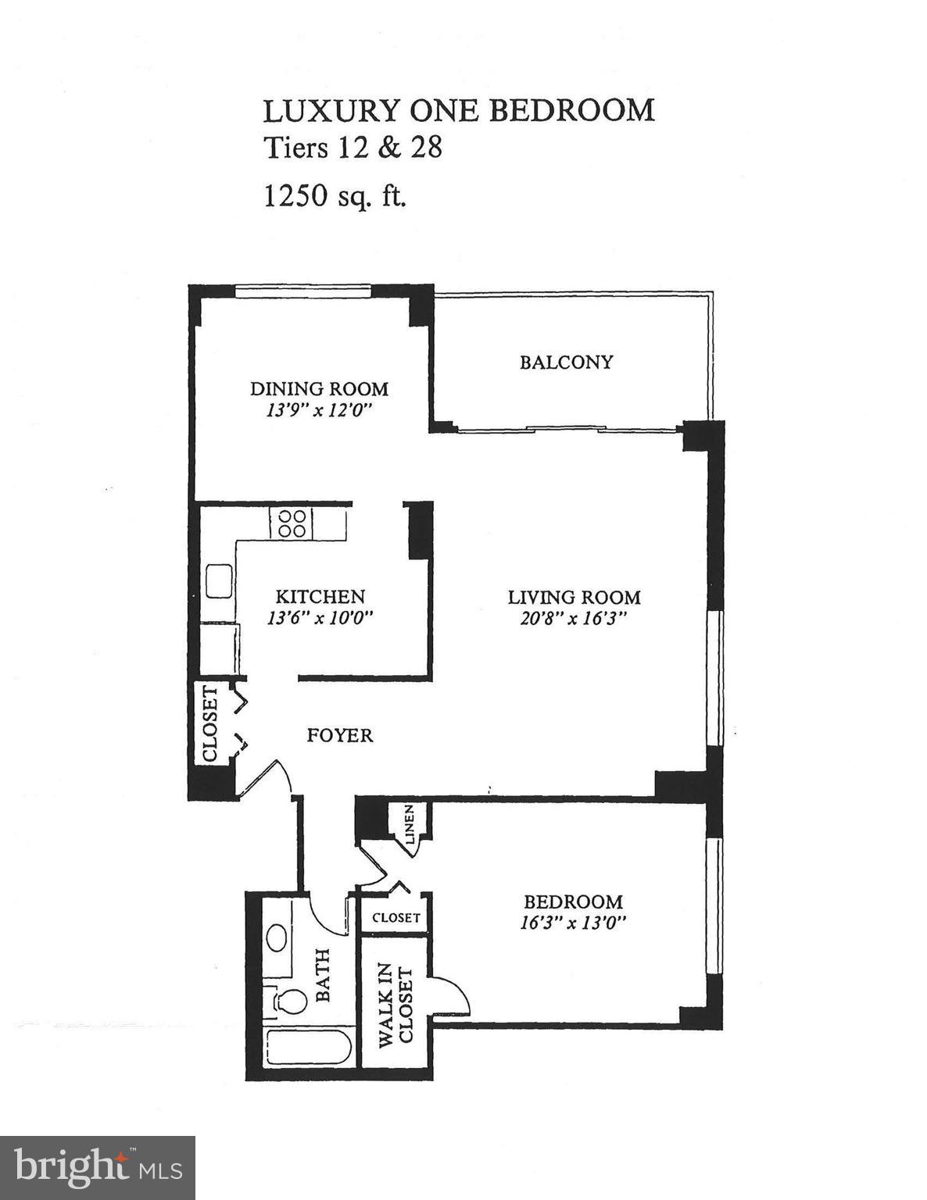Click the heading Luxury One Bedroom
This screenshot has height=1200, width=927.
click(x=458, y=111)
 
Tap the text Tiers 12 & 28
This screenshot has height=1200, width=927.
click(x=353, y=148)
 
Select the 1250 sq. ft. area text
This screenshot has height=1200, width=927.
click(x=335, y=195)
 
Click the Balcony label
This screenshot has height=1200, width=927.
click(x=566, y=362)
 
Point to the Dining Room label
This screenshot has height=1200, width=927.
click(x=319, y=388)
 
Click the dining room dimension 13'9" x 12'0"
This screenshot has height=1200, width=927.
click(x=318, y=410)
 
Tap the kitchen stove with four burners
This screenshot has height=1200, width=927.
click(x=292, y=523)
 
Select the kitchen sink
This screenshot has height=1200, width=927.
click(x=219, y=582)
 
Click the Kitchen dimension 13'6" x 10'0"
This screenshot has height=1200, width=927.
click(x=320, y=618)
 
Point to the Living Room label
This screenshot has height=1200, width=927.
click(x=574, y=598)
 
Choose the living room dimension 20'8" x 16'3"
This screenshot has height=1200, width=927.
click(x=574, y=619)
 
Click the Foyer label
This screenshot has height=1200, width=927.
click(x=339, y=735)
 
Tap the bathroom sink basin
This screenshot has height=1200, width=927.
click(x=276, y=937)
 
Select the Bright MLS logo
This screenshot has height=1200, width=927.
click(x=98, y=1167)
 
